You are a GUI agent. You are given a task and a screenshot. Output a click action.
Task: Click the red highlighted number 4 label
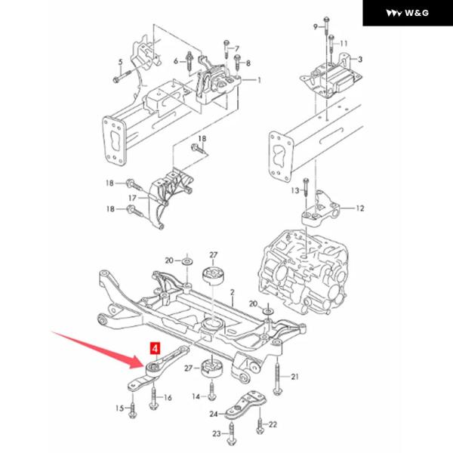point(155,349)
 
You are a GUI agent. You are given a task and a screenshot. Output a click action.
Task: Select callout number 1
point(259,80)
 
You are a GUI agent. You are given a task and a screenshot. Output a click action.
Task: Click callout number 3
point(361,58)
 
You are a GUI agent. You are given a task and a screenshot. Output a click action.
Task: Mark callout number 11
point(344,42)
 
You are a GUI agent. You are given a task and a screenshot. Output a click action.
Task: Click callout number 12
point(360,208)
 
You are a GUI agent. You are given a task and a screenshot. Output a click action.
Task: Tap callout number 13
point(295,192)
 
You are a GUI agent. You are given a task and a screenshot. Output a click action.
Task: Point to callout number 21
point(295,375)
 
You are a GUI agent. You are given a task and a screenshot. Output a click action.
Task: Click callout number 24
point(214,414)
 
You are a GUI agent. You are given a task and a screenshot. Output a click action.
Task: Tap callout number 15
point(119,408)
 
